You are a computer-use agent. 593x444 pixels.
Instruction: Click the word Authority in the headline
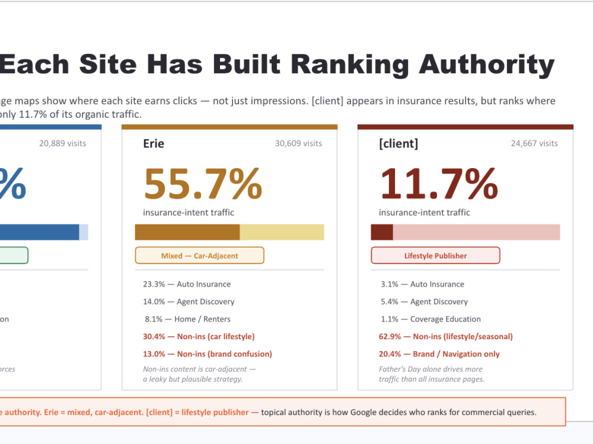click(x=487, y=65)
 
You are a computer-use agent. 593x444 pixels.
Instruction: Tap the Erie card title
click(x=154, y=143)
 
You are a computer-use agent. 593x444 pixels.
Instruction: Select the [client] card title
click(x=398, y=143)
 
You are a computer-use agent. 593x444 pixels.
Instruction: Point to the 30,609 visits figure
click(x=298, y=143)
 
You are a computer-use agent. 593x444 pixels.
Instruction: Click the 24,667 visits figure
click(x=534, y=143)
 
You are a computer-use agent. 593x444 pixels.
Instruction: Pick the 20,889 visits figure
click(x=62, y=143)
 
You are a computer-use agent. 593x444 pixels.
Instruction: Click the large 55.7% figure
click(x=203, y=184)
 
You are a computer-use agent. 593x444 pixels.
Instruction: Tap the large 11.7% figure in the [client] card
click(x=439, y=184)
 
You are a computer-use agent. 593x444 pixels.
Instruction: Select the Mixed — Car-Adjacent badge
click(x=200, y=256)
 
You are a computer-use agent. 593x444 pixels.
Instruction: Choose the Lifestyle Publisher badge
click(x=436, y=256)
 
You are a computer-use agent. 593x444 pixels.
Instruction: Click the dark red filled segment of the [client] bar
click(x=382, y=232)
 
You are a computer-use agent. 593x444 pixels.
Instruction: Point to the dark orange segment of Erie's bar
click(x=187, y=232)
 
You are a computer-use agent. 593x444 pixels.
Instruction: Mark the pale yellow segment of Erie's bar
click(x=282, y=232)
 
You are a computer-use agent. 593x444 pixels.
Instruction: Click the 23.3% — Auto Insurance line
click(x=187, y=284)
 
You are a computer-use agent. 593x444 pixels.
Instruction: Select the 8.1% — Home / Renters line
click(x=187, y=319)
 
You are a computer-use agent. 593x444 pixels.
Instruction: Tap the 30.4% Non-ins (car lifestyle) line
click(x=199, y=336)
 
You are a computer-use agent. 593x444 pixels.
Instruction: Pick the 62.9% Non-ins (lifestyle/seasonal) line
click(x=446, y=336)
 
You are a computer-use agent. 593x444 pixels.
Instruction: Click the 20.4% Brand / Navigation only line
click(x=439, y=354)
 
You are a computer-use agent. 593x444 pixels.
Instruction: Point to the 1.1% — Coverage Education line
click(x=431, y=319)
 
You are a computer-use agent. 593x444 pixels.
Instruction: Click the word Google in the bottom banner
click(x=364, y=412)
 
